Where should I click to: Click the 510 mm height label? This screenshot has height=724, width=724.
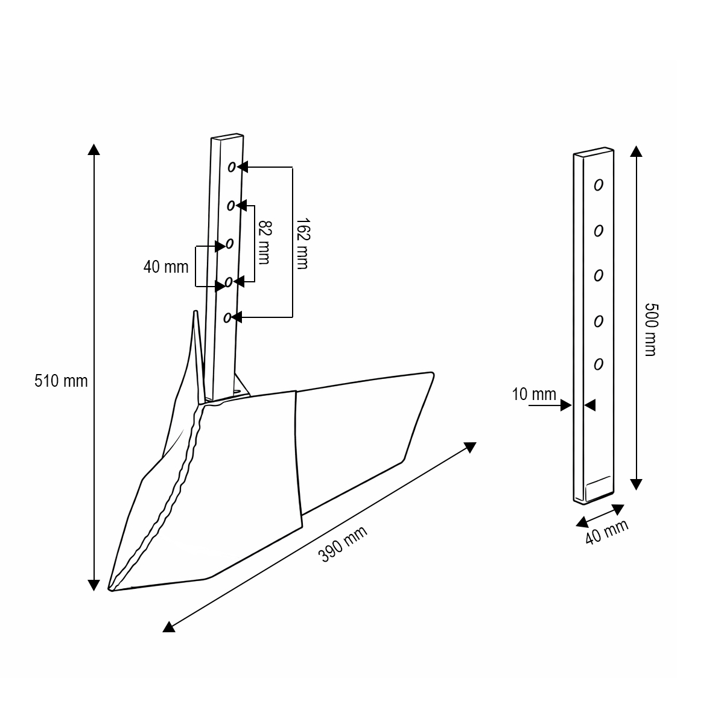tap(61, 381)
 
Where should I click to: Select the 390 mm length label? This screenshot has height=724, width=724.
tap(343, 544)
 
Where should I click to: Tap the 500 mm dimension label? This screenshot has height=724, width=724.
tap(649, 329)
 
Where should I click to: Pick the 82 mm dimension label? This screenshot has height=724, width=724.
tap(264, 243)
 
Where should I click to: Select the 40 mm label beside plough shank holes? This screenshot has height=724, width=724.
tap(166, 267)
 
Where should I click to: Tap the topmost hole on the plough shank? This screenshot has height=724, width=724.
tap(232, 167)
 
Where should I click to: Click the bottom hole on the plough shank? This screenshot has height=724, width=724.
tap(227, 317)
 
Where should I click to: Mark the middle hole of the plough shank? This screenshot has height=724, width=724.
tap(229, 244)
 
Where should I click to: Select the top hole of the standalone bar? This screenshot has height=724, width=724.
tap(598, 185)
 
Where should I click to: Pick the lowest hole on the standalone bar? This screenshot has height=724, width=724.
tap(598, 364)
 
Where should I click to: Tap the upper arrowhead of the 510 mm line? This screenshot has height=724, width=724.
tap(94, 149)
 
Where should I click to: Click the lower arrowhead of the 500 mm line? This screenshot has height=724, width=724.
tap(635, 484)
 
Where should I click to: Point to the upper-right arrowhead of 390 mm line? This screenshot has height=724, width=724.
tap(471, 447)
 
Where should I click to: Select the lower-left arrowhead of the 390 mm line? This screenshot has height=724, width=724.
tap(169, 627)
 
